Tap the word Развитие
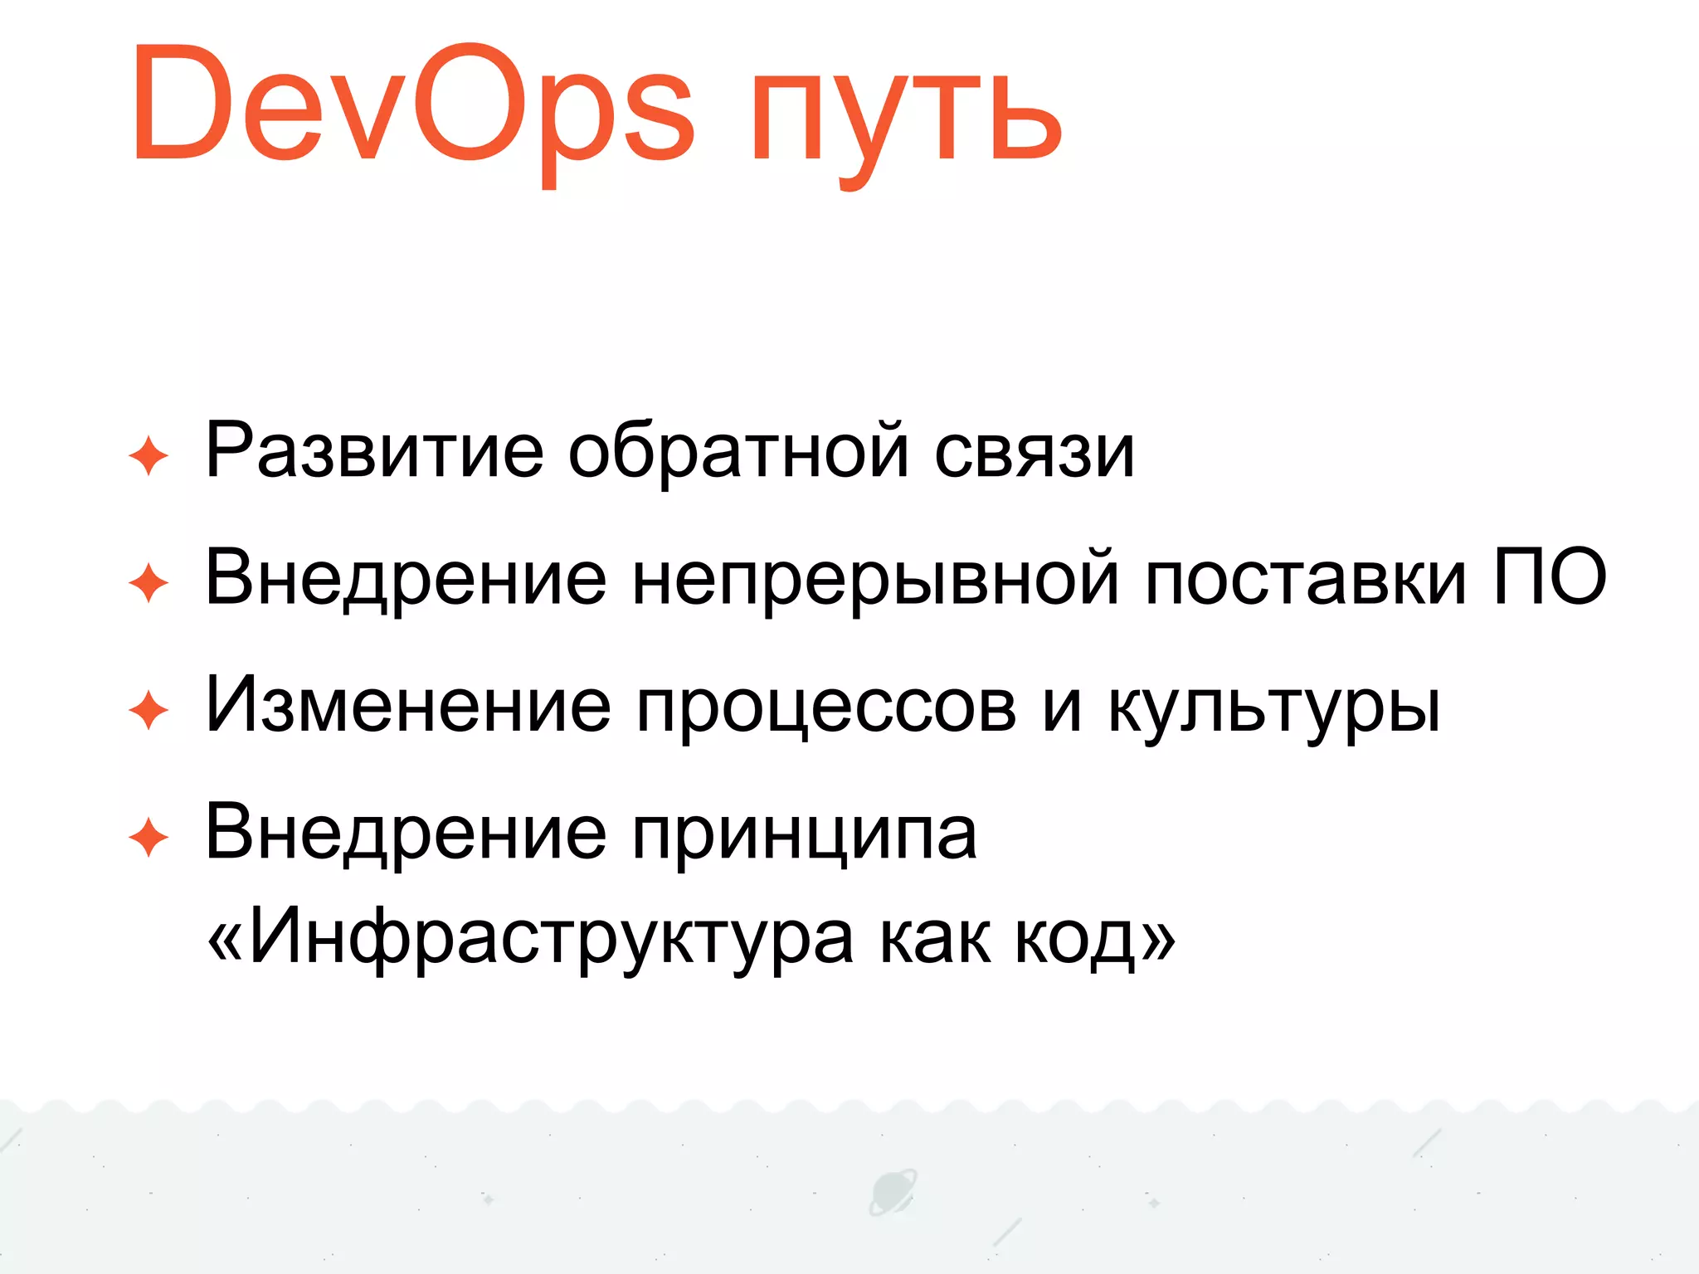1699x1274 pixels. coord(374,451)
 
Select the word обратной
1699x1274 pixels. coord(738,451)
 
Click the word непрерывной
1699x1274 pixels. coord(875,580)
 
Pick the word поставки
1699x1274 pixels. coord(1306,580)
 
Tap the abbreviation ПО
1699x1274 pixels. coord(1549,576)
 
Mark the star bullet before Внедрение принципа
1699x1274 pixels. coord(149,837)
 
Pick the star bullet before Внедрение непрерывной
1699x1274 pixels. coord(149,583)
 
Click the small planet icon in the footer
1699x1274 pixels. coord(893,1193)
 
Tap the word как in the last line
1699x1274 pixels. coord(934,941)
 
